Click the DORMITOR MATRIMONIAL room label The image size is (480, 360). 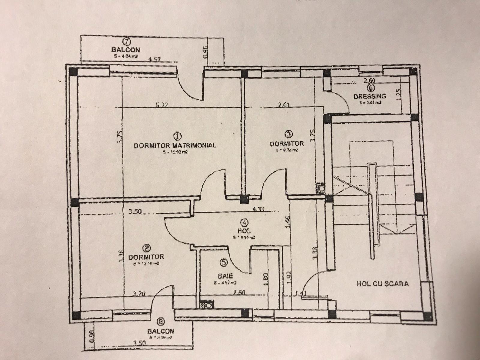coord(175,145)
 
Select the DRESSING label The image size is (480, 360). coord(370,96)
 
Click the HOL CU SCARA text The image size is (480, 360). coord(382,283)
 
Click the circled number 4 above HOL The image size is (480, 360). coord(244,222)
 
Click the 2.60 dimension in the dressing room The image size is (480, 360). coord(370,80)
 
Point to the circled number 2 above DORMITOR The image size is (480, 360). coord(147,248)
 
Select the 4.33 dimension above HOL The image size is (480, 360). coord(258,209)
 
